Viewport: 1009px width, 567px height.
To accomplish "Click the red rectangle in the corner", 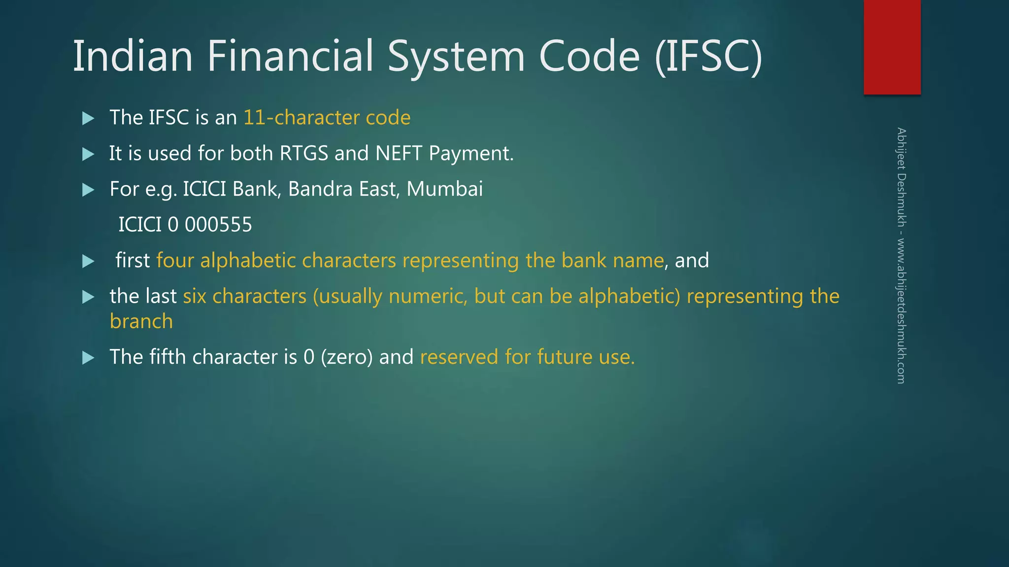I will (892, 47).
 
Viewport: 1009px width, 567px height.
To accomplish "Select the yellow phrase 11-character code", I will (327, 118).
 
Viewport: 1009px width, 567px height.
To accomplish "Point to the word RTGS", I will (303, 153).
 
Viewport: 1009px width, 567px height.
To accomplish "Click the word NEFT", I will (399, 153).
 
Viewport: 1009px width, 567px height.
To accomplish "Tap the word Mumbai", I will (444, 189).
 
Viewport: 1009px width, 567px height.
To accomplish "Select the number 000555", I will (218, 225).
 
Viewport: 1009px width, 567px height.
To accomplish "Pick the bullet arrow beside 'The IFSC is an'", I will (88, 118).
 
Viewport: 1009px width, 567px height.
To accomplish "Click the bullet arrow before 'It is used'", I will (88, 154).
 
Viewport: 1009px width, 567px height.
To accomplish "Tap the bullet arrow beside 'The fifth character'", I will (88, 357).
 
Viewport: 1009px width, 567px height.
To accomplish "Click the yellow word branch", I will (141, 321).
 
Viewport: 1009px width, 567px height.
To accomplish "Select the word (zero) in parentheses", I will (346, 357).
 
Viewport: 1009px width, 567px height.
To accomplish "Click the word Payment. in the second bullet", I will (471, 154).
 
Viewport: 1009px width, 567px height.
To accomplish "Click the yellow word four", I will (175, 260).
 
